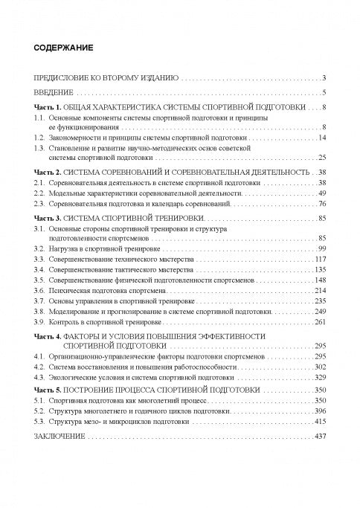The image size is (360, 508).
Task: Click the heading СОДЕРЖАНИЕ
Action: point(63,48)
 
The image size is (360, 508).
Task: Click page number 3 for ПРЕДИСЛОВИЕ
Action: point(325,77)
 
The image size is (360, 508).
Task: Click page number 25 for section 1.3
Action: point(323,158)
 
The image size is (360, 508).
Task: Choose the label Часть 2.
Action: point(50,173)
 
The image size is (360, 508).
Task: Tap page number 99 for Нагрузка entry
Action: point(323,248)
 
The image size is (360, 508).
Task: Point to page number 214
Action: point(321,289)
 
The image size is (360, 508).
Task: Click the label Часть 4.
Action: point(50,336)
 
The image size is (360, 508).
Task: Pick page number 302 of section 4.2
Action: point(321,367)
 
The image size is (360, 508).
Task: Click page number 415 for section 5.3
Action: point(321,420)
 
